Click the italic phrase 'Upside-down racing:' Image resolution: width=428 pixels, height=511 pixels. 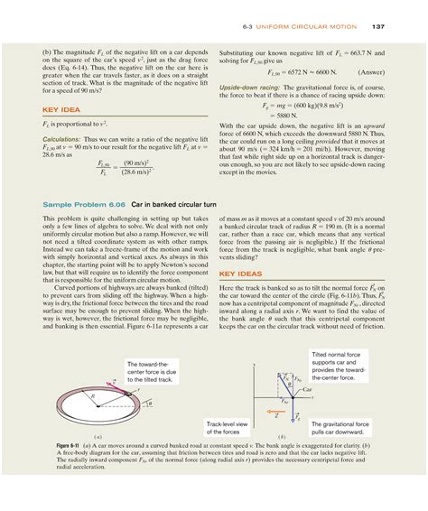pos(247,87)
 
